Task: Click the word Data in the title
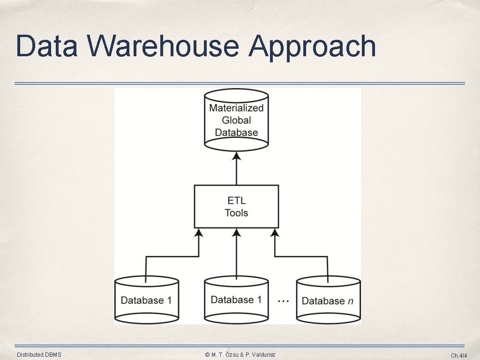(46, 46)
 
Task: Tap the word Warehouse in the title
(163, 46)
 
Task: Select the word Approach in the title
(312, 48)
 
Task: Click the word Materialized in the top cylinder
(236, 108)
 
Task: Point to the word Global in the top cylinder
(236, 120)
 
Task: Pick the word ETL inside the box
(237, 201)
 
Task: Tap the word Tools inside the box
(236, 213)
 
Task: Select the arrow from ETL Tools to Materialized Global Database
(236, 168)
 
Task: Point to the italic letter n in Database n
(351, 301)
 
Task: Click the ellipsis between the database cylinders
(283, 301)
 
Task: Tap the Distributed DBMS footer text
(39, 355)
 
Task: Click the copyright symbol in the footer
(207, 355)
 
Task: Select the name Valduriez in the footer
(263, 355)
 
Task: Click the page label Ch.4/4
(459, 355)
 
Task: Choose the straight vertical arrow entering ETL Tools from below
(236, 254)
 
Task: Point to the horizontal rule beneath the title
(240, 83)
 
